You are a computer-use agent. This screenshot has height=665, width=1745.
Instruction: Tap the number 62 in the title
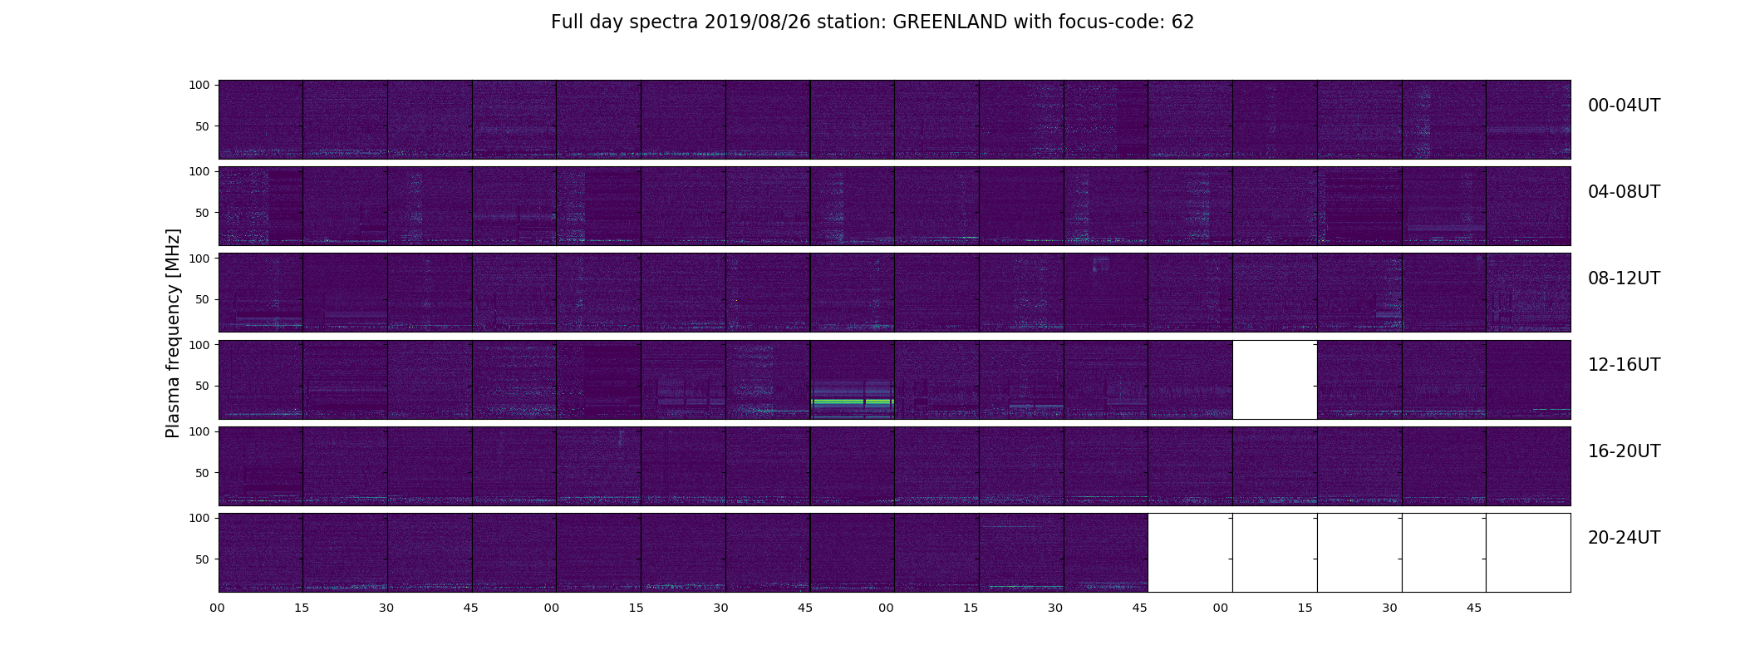(x=1183, y=22)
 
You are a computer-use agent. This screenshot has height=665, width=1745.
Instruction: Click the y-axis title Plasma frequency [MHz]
(x=173, y=333)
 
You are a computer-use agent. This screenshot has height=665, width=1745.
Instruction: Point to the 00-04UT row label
(x=1625, y=106)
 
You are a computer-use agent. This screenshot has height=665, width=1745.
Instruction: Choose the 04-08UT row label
(x=1625, y=192)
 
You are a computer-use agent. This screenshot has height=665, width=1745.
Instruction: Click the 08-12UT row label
(x=1625, y=278)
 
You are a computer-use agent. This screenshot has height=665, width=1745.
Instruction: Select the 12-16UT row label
(x=1625, y=365)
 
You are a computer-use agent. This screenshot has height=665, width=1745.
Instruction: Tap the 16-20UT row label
(x=1625, y=451)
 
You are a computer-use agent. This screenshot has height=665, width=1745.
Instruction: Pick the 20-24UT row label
(x=1625, y=538)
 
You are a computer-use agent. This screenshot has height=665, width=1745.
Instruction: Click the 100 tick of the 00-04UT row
(x=199, y=85)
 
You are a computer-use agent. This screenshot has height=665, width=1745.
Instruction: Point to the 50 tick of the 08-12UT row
(x=203, y=299)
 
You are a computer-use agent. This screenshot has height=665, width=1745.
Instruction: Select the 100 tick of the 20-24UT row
(x=199, y=518)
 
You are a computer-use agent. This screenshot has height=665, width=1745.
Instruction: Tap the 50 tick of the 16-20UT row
(x=203, y=473)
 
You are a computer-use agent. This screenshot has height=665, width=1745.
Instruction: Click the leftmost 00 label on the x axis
(x=218, y=608)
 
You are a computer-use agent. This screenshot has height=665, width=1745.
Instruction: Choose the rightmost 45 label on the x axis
(x=1474, y=608)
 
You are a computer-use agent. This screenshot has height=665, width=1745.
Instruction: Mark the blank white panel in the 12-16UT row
(x=1275, y=380)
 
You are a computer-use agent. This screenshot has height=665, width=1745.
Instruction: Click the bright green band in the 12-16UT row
(x=853, y=401)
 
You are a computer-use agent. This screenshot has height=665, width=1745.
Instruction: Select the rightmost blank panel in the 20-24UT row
(x=1528, y=553)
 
